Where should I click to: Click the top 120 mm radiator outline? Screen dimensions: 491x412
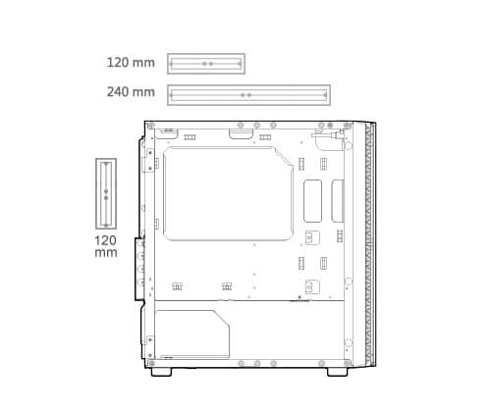(206, 55)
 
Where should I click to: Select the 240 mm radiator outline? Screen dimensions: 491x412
(248, 86)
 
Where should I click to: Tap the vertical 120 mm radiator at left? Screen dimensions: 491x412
(97, 193)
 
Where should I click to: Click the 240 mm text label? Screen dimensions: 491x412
(131, 92)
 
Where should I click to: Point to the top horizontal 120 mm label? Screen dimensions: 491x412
(131, 62)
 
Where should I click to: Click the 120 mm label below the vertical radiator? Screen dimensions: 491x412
(106, 246)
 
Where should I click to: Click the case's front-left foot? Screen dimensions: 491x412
(161, 372)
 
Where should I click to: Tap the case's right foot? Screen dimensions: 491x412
(338, 372)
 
